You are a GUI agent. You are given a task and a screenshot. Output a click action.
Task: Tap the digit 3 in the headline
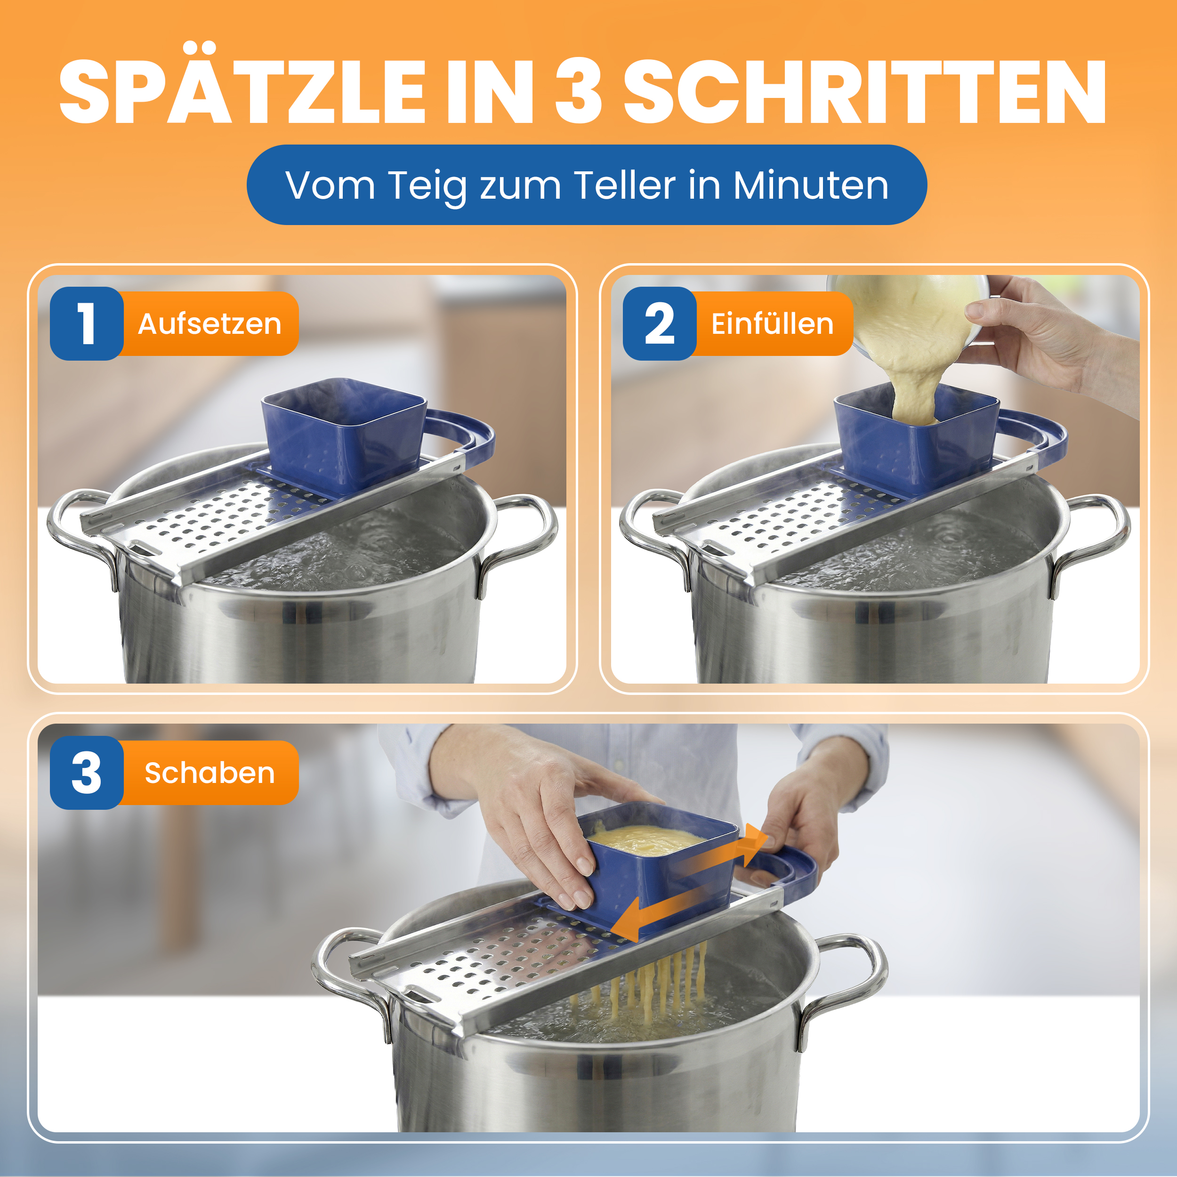pyautogui.click(x=578, y=91)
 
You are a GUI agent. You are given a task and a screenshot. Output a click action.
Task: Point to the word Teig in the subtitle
pyautogui.click(x=427, y=188)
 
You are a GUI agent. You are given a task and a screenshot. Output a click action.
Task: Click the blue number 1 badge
pyautogui.click(x=87, y=323)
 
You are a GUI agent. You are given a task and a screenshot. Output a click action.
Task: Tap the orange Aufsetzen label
pyautogui.click(x=209, y=323)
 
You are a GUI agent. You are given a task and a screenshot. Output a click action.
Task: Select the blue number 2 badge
pyautogui.click(x=660, y=323)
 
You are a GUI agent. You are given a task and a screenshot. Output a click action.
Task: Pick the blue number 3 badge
pyautogui.click(x=87, y=773)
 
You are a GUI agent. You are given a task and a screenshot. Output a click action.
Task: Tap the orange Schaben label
pyautogui.click(x=209, y=773)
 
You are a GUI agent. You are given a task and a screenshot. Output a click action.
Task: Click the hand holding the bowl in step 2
pyautogui.click(x=1054, y=341)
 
